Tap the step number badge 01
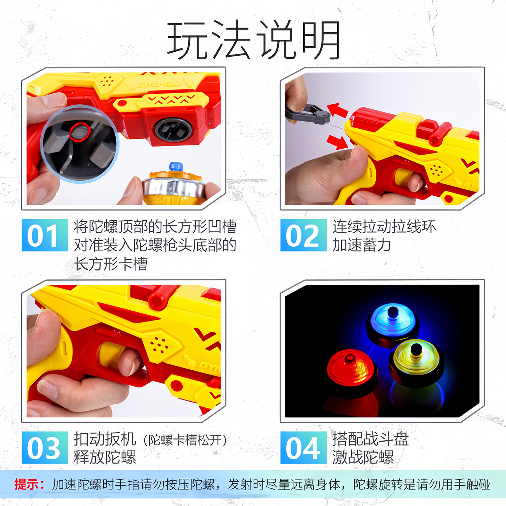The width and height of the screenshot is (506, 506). pos(45,235)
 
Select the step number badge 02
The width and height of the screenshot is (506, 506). pos(303,235)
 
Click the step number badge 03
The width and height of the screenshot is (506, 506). pos(45,448)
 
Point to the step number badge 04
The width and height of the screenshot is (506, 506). pos(303,448)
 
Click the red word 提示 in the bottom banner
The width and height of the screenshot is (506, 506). pos(29,484)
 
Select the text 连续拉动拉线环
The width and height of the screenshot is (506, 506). pos(384,227)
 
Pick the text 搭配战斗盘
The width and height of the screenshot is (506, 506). pos(370,439)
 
